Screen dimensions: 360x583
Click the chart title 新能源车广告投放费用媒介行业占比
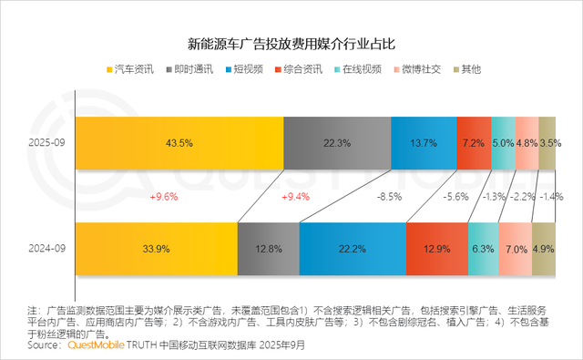(291, 44)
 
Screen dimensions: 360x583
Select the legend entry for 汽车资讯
(133, 70)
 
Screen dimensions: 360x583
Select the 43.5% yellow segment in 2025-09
(179, 143)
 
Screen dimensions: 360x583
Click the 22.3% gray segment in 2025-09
(337, 143)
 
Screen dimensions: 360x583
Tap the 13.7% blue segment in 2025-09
(424, 143)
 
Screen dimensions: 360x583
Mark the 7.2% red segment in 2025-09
(474, 143)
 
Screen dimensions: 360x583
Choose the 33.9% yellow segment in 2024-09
(156, 249)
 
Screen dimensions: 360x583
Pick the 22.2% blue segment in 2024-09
(352, 249)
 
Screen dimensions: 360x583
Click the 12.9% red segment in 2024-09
(436, 249)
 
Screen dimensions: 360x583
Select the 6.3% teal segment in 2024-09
(483, 249)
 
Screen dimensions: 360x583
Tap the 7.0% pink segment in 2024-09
(515, 249)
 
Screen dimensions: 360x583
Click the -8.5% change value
(388, 196)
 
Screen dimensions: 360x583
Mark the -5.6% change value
(455, 196)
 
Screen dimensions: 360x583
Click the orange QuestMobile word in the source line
(97, 345)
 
